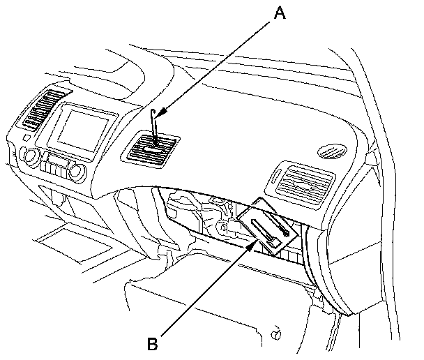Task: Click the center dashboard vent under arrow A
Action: (151, 150)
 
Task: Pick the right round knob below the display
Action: (77, 172)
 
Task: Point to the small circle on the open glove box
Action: (277, 336)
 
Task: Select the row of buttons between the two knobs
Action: (56, 168)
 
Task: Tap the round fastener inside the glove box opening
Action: (222, 227)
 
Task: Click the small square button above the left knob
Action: (26, 148)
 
